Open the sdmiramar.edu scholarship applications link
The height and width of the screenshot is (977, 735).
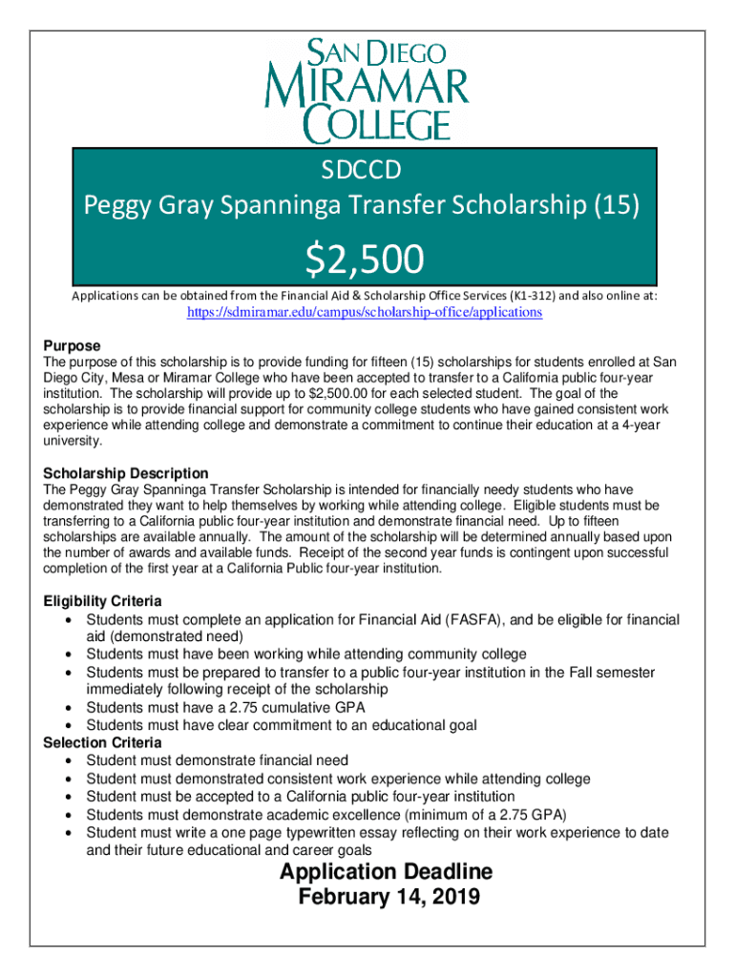point(363,313)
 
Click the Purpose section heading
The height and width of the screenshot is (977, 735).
point(73,345)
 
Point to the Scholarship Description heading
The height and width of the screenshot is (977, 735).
point(126,473)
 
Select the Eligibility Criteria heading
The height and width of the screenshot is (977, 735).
point(103,601)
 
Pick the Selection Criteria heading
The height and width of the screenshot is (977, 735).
point(103,742)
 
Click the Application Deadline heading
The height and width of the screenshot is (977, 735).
point(386,872)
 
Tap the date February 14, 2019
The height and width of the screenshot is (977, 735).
point(388,898)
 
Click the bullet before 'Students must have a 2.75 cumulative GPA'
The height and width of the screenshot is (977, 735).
point(72,708)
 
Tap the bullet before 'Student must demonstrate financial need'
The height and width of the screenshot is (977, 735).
point(72,760)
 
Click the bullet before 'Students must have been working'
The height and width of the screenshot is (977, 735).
point(72,655)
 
